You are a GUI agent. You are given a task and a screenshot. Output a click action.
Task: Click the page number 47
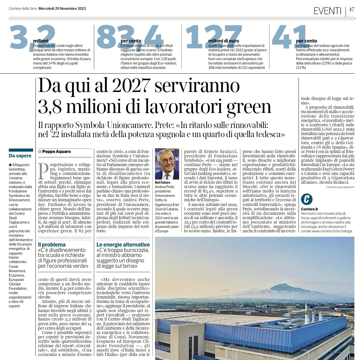coord(352,9)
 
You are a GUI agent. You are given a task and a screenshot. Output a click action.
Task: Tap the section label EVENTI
coord(327,11)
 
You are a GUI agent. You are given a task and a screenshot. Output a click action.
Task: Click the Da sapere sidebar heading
coord(20,156)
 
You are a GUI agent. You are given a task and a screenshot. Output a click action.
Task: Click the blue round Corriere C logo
coord(307,199)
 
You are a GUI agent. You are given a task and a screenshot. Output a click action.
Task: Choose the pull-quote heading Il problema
coord(52,244)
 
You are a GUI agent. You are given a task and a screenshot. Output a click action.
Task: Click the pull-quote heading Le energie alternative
coord(123,244)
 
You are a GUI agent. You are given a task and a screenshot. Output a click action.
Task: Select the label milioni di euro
coord(224,41)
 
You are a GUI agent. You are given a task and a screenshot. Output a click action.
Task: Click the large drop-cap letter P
coord(42,171)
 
